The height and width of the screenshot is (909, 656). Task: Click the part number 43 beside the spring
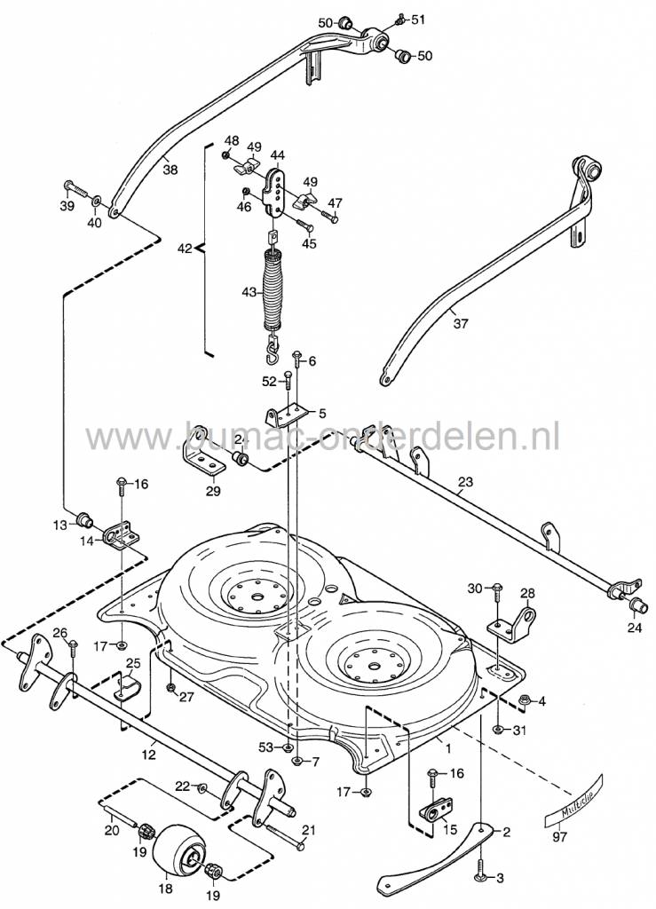coord(249,291)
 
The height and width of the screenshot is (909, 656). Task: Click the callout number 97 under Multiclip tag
coord(560,836)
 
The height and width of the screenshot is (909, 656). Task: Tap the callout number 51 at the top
coord(418,19)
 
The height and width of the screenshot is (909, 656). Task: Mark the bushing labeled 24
coord(636,605)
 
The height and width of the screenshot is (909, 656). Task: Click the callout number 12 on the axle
coord(148,755)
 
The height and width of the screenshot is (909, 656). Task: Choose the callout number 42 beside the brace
coord(184,249)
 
